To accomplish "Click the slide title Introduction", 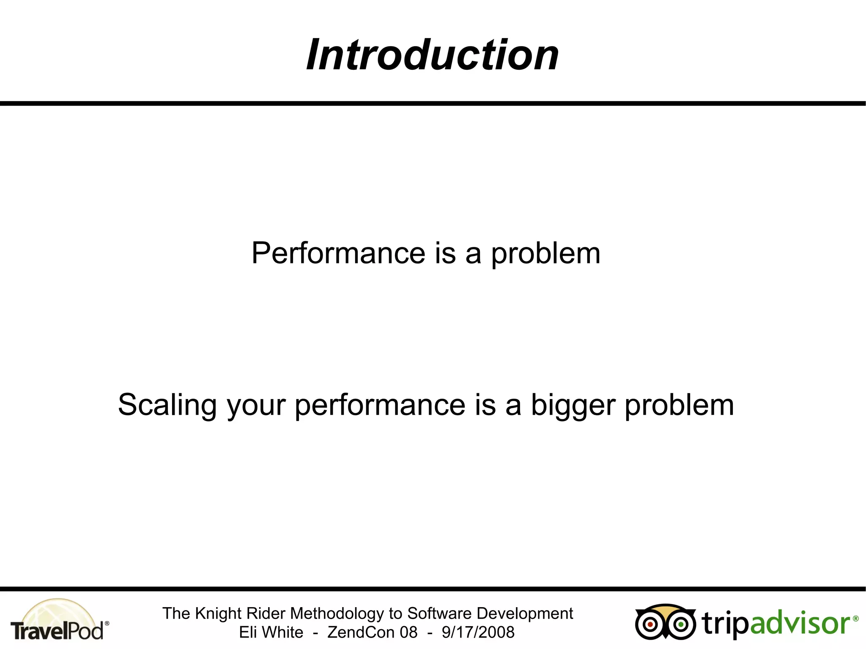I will [432, 55].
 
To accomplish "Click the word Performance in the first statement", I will [338, 253].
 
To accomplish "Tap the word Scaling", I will [167, 405].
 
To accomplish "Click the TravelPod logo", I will [58, 621].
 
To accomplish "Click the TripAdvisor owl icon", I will [665, 622].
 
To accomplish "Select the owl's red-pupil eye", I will [650, 624].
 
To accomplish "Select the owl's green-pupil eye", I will [680, 624].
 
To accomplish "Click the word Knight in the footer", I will [218, 613].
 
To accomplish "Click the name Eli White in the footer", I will [271, 633].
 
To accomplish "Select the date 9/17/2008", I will [478, 633].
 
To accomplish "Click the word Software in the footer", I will [439, 613].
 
